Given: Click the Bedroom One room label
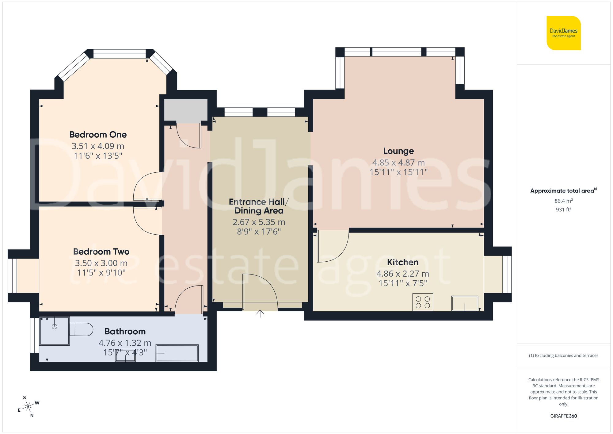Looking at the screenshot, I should pos(98,135).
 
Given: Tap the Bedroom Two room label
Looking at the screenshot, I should pos(101,252).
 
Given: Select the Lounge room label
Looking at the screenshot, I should pos(398,151).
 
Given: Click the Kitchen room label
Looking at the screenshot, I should pos(403,262).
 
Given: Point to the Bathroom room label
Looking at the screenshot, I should pos(125,332).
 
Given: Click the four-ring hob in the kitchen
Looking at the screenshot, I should pos(423,302).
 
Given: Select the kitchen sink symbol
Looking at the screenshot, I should pos(465,303).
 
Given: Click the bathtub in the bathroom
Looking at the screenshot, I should pos(177,353).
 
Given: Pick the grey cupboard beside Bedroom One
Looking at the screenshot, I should pos(186,110).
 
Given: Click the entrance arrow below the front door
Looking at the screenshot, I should pos(260,314).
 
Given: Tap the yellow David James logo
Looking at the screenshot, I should pos(563,33).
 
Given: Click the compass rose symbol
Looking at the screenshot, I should pos(28,407).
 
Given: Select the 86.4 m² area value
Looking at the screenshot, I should pos(563,201).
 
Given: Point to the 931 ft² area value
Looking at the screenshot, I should pos(563,210).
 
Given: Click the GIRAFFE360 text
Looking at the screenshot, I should pos(563,416).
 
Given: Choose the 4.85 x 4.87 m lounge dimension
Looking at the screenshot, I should pos(398,163).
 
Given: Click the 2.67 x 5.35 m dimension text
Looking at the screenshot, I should pos(259,222).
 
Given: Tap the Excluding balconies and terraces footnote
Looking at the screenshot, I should pos(563,356).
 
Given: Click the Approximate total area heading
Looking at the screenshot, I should pos(563,191).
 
